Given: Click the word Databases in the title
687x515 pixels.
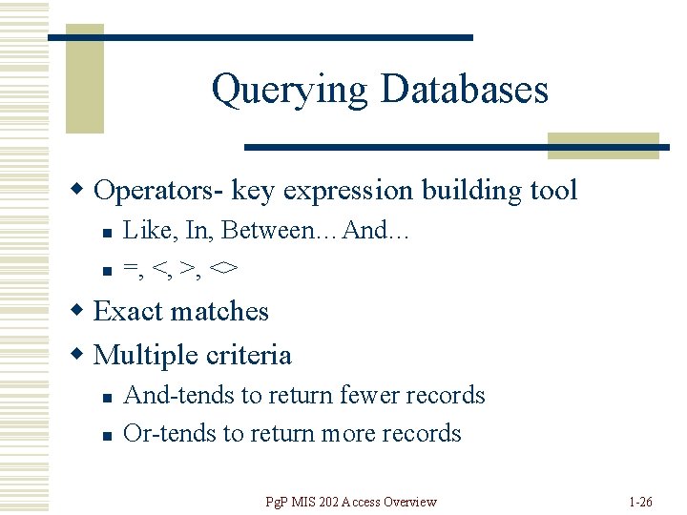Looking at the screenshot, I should [464, 89].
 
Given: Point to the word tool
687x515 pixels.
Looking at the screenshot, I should [553, 191].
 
